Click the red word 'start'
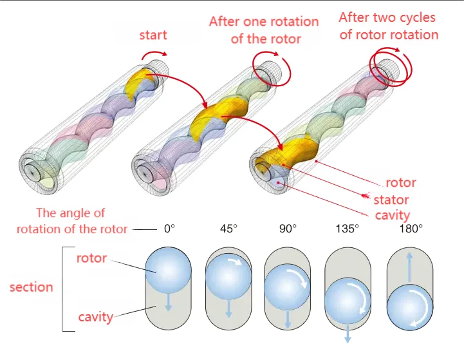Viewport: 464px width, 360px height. [153, 35]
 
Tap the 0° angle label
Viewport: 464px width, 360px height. [170, 229]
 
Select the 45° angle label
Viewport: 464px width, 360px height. [229, 229]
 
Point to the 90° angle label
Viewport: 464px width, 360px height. [288, 229]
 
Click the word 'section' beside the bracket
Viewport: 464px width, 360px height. [31, 287]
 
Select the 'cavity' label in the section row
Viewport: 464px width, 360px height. [95, 317]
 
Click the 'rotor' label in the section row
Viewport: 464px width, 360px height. [91, 259]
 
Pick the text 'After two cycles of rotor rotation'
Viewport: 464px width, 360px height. [387, 26]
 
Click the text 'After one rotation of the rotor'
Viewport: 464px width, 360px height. [264, 30]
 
